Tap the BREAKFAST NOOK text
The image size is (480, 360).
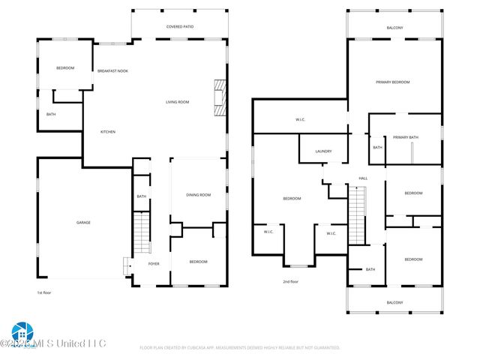(x=112, y=70)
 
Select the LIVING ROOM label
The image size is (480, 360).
(x=178, y=102)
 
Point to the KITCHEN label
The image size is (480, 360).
(x=108, y=132)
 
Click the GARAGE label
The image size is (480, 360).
(x=83, y=223)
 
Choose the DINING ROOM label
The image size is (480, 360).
(x=199, y=195)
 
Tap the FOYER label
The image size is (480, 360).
(x=154, y=263)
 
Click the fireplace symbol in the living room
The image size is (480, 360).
(x=218, y=98)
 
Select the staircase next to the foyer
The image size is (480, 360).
(x=140, y=234)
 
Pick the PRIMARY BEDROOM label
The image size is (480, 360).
(x=393, y=82)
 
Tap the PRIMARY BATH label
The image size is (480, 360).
(x=405, y=137)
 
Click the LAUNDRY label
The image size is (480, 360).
(x=323, y=151)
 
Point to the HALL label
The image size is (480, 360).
(x=363, y=178)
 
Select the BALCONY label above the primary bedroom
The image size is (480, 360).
(x=394, y=28)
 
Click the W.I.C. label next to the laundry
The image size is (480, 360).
(x=300, y=120)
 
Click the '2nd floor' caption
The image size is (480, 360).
(x=290, y=281)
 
